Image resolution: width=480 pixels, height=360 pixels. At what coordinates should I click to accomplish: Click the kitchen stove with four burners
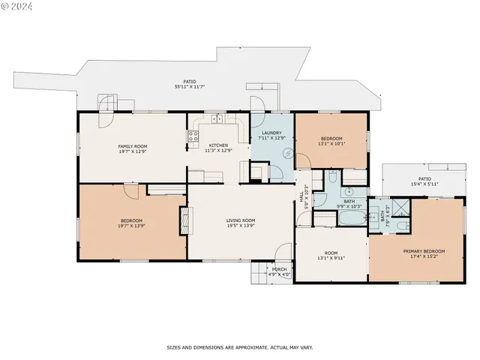[x=192, y=136]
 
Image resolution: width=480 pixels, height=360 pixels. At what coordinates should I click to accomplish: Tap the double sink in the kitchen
[x=217, y=118]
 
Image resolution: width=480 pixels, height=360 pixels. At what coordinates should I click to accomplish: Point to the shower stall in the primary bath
[x=402, y=208]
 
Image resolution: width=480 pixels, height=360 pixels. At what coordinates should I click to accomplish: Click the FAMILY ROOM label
[x=133, y=145]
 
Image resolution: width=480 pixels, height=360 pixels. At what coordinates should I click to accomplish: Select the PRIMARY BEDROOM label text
[x=424, y=251]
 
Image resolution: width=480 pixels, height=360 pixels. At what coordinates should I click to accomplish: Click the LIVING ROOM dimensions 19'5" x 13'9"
[x=241, y=226]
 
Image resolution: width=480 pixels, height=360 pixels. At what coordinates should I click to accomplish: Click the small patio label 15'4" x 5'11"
[x=424, y=184]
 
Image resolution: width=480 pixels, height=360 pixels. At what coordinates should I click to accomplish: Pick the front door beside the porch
[x=283, y=253]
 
